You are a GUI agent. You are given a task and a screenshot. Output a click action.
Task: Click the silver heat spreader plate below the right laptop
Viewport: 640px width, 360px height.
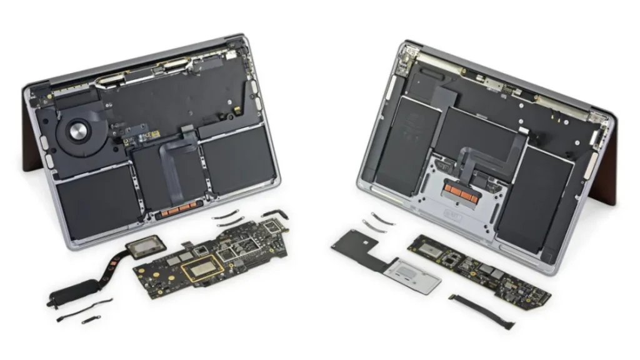(413, 276)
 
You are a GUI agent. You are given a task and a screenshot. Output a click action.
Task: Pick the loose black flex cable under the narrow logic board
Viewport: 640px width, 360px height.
(482, 311)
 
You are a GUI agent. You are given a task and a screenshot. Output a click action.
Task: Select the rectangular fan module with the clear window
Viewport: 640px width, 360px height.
(145, 247)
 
